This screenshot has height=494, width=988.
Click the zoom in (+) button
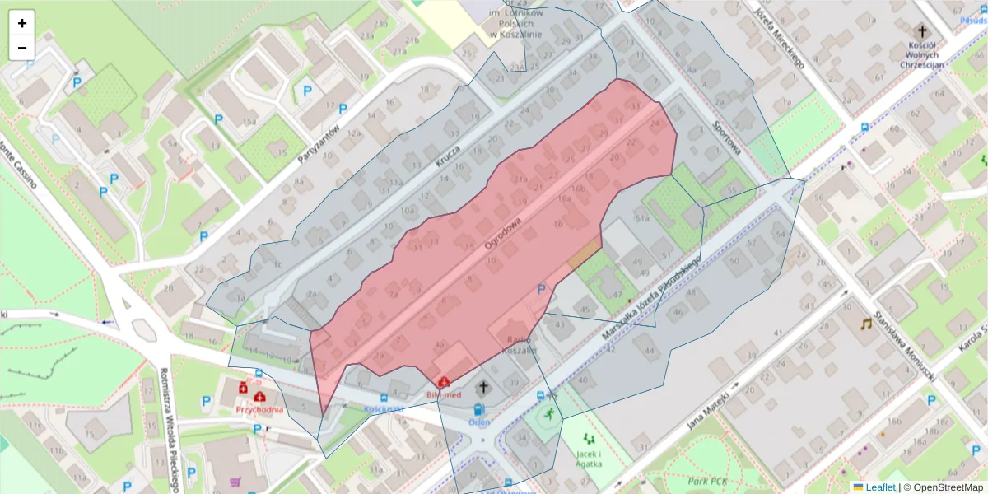tap(22, 23)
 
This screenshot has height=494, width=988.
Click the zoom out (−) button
tap(22, 48)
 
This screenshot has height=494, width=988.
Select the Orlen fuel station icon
tap(478, 409)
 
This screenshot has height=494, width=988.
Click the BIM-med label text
tap(443, 395)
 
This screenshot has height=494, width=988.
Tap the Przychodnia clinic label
tap(259, 410)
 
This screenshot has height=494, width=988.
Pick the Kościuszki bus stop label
tap(384, 408)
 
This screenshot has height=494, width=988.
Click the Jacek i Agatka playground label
tap(588, 459)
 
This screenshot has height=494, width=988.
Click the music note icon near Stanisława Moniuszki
tap(866, 324)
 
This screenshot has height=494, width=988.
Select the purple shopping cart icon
tap(237, 482)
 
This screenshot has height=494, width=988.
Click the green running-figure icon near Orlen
tap(549, 413)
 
